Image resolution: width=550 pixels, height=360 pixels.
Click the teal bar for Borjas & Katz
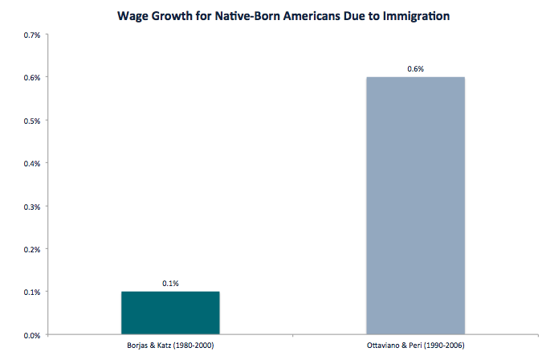(x=170, y=312)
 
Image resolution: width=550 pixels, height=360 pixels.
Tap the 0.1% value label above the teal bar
(x=170, y=284)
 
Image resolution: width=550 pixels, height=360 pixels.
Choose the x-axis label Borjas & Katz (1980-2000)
(x=170, y=346)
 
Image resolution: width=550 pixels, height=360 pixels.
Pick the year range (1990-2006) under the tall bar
(x=434, y=346)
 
